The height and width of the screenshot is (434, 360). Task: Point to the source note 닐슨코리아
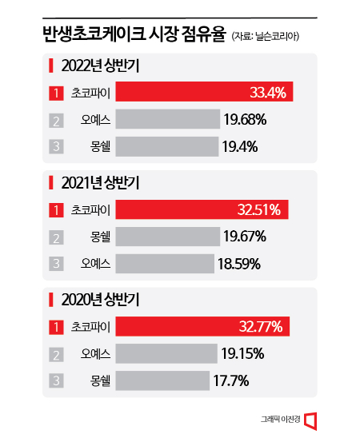pyautogui.click(x=272, y=36)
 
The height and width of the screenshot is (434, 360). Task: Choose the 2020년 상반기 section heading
pyautogui.click(x=100, y=301)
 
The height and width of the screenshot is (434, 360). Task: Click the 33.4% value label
pyautogui.click(x=268, y=94)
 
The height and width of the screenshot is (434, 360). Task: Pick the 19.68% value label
pyautogui.click(x=246, y=121)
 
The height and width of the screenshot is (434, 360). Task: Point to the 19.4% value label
pyautogui.click(x=241, y=147)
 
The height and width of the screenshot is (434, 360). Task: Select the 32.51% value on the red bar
pyautogui.click(x=259, y=211)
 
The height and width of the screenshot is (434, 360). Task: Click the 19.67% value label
pyautogui.click(x=245, y=237)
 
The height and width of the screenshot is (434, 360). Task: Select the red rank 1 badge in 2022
pyautogui.click(x=56, y=94)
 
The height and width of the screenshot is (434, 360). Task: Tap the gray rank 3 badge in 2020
pyautogui.click(x=56, y=380)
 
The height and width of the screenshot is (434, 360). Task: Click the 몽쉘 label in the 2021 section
pyautogui.click(x=100, y=237)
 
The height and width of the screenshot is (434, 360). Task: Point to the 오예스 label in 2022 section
pyautogui.click(x=96, y=121)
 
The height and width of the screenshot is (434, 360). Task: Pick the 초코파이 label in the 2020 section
pyautogui.click(x=91, y=327)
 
